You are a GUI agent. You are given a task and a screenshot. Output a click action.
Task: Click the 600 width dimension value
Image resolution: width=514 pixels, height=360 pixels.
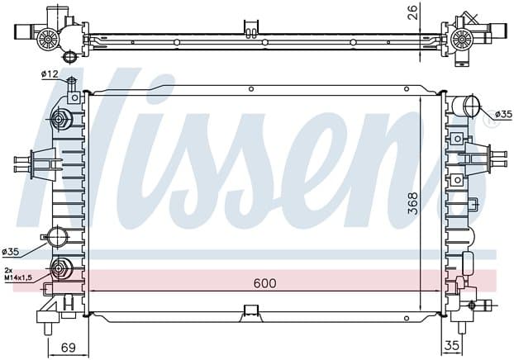coord(265,283)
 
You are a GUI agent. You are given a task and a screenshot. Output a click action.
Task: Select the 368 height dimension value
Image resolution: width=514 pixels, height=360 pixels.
coord(413,203)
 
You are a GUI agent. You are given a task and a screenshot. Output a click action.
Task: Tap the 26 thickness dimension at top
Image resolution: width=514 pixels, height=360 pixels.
coord(414,12)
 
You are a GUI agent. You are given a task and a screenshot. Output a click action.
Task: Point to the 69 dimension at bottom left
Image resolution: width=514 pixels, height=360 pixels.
coord(69,348)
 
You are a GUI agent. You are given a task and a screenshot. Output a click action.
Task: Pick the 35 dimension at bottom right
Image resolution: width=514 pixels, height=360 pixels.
coord(451,346)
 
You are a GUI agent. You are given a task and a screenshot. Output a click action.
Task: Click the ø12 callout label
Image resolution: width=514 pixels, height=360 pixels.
coord(50,74)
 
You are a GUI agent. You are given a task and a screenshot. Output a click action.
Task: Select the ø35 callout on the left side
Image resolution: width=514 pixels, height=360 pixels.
coord(11,252)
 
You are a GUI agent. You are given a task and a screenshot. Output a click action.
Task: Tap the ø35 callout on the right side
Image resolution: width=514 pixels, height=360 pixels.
coord(503,114)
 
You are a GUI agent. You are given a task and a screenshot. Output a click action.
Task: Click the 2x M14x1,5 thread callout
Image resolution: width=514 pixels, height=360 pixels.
coord(18,274)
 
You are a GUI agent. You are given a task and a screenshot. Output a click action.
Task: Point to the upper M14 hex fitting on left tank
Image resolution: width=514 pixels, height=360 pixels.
coord(59,119)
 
